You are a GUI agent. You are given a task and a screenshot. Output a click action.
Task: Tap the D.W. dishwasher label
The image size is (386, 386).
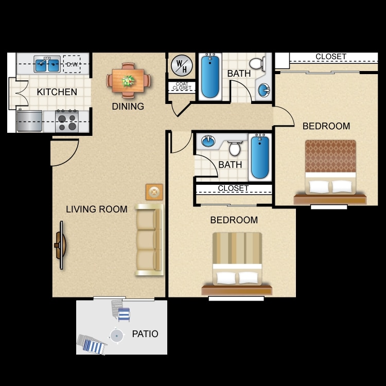click(x=71, y=64)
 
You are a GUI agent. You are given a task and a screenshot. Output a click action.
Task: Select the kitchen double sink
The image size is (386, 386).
click(x=47, y=65)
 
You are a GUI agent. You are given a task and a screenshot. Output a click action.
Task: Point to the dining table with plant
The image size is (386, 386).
click(x=129, y=80)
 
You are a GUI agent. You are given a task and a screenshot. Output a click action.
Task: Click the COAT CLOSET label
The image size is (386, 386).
click(x=182, y=86)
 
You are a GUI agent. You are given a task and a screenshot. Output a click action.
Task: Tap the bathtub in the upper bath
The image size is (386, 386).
click(x=210, y=76)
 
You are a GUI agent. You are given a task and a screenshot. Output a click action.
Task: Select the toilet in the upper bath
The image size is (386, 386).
click(x=264, y=64)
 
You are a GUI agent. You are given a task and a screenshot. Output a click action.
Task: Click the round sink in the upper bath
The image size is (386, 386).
click(x=263, y=91)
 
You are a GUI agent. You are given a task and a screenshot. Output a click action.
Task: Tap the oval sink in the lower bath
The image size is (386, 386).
click(x=208, y=141)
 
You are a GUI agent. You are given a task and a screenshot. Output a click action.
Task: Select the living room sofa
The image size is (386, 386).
click(x=149, y=240)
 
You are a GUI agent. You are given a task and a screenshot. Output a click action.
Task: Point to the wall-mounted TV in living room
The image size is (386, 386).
click(x=61, y=245)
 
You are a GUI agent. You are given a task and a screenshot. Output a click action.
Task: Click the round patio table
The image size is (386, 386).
click(x=117, y=336)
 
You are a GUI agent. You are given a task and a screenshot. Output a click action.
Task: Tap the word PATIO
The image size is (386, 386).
click(x=145, y=334)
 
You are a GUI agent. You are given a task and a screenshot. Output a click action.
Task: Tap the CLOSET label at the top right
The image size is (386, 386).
click(x=331, y=57)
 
